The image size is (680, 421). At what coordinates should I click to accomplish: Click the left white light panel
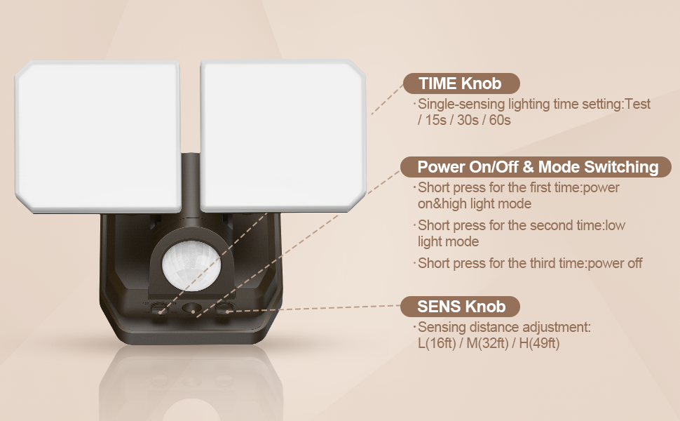point(98,136)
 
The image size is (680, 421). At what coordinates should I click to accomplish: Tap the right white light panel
point(283,136)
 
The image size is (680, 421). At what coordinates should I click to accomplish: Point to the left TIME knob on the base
point(159,308)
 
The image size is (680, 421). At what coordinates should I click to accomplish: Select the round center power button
point(191,309)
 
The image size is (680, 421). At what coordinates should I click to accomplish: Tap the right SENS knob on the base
point(224,309)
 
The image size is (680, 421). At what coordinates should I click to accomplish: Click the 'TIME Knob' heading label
point(461,83)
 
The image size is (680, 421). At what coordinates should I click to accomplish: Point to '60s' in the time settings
point(500,120)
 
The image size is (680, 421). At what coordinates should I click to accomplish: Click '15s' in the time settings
point(435,120)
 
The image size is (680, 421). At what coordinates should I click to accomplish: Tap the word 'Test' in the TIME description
point(638,104)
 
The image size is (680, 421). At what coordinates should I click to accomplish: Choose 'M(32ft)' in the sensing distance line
point(487,343)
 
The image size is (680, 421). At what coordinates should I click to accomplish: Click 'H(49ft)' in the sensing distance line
point(540,343)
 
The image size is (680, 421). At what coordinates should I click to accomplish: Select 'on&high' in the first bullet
point(442,204)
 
